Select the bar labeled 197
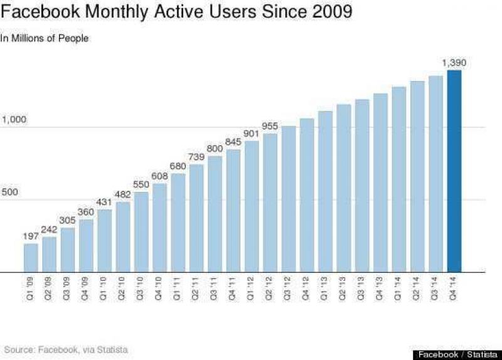tap(31, 258)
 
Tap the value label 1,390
tap(454, 62)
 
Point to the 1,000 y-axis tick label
tap(15, 119)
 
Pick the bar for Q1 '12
tap(252, 207)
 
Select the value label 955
tap(270, 125)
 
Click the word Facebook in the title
tap(38, 13)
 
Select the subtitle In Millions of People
tap(45, 38)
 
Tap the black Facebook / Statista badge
tap(454, 354)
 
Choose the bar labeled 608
tap(160, 228)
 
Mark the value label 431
tap(105, 201)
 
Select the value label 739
tap(197, 156)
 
